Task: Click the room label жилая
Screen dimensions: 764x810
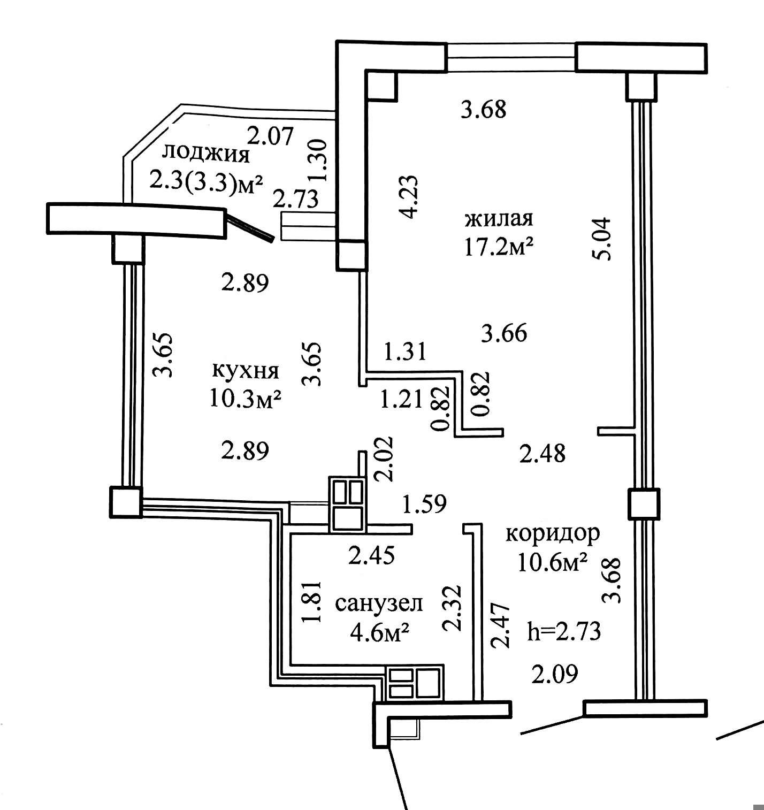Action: click(x=499, y=219)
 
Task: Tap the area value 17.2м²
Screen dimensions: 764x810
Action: click(x=500, y=247)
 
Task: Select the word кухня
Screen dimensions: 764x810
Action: click(x=246, y=371)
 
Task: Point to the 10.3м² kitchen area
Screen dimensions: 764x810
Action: click(x=246, y=398)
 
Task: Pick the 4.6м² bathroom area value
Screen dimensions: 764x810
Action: click(x=379, y=632)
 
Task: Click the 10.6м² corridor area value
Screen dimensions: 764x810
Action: click(x=553, y=562)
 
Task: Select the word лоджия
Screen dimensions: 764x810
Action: click(x=206, y=155)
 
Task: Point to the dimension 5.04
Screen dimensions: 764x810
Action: click(x=602, y=239)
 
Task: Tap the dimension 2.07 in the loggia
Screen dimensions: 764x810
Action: click(x=271, y=136)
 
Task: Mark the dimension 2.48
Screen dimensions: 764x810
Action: click(x=542, y=454)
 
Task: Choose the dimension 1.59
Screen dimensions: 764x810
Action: click(x=424, y=504)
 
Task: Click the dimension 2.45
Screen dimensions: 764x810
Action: click(x=371, y=555)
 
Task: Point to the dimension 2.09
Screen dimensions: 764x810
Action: click(x=555, y=674)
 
